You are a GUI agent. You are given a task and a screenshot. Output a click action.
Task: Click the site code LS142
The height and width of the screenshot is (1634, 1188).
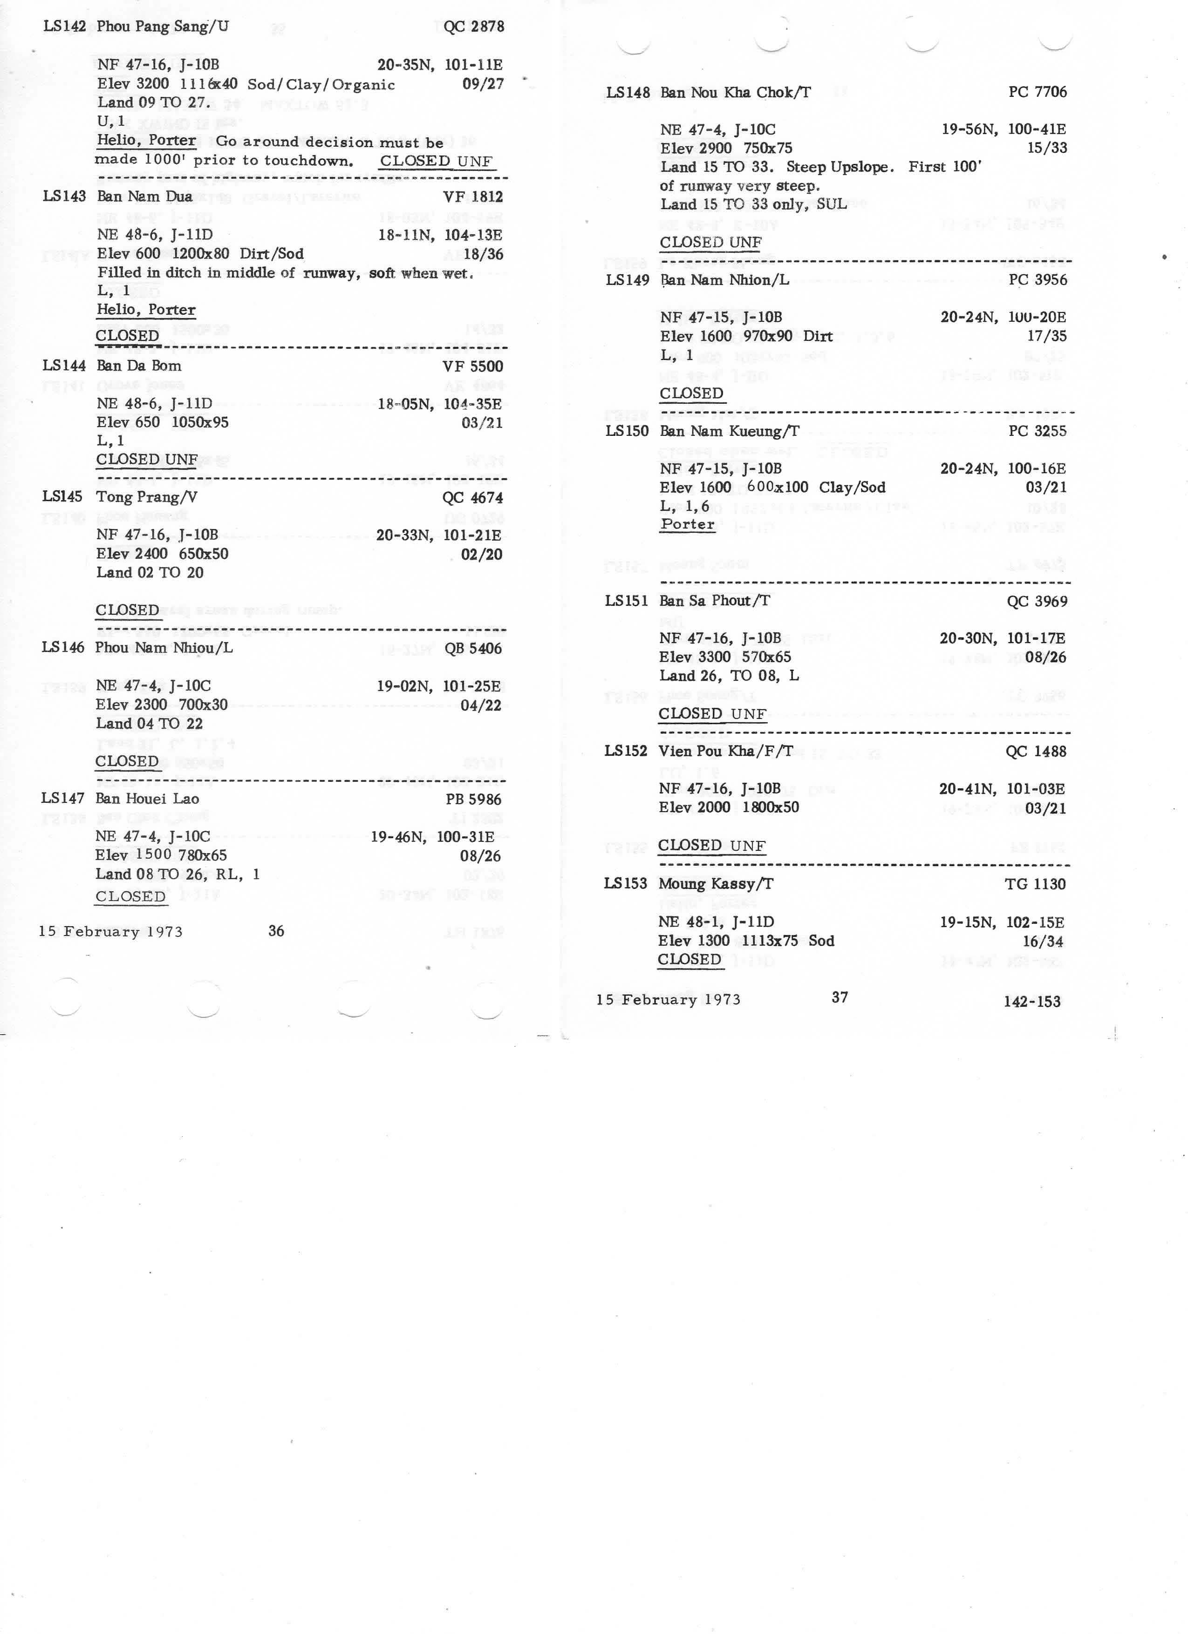coord(64,27)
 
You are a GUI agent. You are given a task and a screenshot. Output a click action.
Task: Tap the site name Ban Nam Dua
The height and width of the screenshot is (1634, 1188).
coord(144,197)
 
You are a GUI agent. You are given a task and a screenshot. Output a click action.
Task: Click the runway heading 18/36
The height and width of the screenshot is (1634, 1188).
coord(483,254)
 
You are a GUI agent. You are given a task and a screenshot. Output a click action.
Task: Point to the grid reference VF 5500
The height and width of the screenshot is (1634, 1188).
coord(472,366)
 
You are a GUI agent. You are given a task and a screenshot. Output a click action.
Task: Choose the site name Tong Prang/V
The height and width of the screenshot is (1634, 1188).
coord(146,497)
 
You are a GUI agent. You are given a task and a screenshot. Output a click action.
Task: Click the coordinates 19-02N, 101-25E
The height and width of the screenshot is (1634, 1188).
coord(438,686)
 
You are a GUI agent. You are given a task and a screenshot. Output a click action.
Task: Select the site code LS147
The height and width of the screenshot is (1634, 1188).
coord(63,798)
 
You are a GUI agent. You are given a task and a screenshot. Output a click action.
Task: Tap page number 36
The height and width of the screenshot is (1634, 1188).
coord(276,931)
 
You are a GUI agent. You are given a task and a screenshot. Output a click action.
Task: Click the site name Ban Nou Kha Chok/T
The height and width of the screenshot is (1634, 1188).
coord(735,92)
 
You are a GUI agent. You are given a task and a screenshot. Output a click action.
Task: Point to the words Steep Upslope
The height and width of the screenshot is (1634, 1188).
coord(840,167)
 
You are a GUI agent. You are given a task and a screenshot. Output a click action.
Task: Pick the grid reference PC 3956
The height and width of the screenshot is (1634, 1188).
coord(1038,279)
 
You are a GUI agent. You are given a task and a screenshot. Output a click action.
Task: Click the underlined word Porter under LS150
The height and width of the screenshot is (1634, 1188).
coord(687,524)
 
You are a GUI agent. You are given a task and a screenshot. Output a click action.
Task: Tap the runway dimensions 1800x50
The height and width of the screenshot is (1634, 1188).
coord(771,807)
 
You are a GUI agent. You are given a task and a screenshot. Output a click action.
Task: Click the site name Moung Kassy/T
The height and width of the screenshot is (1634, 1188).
coord(715,884)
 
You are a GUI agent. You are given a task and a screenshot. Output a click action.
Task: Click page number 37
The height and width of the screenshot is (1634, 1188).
coord(840,997)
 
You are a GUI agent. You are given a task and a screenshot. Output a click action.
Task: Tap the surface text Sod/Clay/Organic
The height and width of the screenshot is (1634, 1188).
coord(321,84)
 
